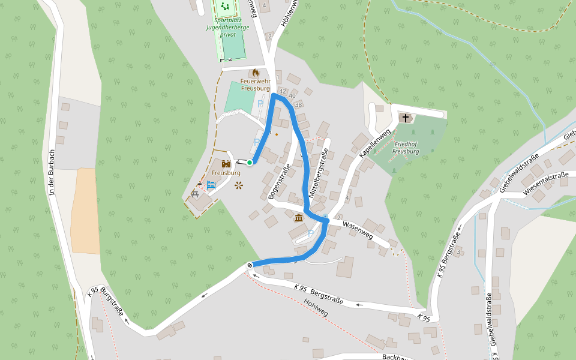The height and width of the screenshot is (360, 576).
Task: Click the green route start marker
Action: point(250,162)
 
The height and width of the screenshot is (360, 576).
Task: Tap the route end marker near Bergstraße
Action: point(250,265)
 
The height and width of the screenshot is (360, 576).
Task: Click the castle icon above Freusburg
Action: point(226,163)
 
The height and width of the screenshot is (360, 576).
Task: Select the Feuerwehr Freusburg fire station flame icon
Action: point(256,73)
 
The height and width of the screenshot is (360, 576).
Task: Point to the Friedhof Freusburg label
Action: point(406,148)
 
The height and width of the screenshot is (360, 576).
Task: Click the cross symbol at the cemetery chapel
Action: point(406,118)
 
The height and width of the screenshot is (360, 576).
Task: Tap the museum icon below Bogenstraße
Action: point(298,218)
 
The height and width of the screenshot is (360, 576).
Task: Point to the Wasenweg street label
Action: point(358,231)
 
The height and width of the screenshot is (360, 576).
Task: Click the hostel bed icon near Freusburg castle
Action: point(211,185)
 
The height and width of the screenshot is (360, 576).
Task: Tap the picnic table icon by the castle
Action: point(195,194)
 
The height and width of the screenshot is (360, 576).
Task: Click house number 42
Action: point(283,91)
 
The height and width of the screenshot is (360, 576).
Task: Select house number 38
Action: point(298,104)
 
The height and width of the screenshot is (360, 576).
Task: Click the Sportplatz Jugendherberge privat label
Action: point(228,27)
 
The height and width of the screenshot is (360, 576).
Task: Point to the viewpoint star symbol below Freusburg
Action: point(239,185)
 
